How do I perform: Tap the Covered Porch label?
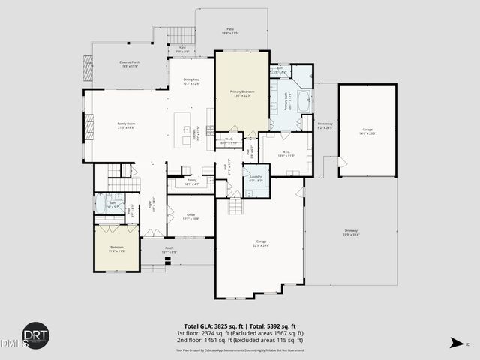(130, 64)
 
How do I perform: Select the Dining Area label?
(191, 82)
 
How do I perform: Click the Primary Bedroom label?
(241, 93)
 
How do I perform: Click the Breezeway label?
(325, 125)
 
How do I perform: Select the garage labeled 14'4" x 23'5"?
(367, 131)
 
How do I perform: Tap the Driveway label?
(351, 232)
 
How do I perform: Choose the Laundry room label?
(256, 178)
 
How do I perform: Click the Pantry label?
(191, 181)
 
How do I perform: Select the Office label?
(191, 217)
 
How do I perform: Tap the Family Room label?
(125, 125)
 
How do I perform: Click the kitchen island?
(182, 123)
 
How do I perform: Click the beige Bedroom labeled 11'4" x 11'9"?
(117, 248)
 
